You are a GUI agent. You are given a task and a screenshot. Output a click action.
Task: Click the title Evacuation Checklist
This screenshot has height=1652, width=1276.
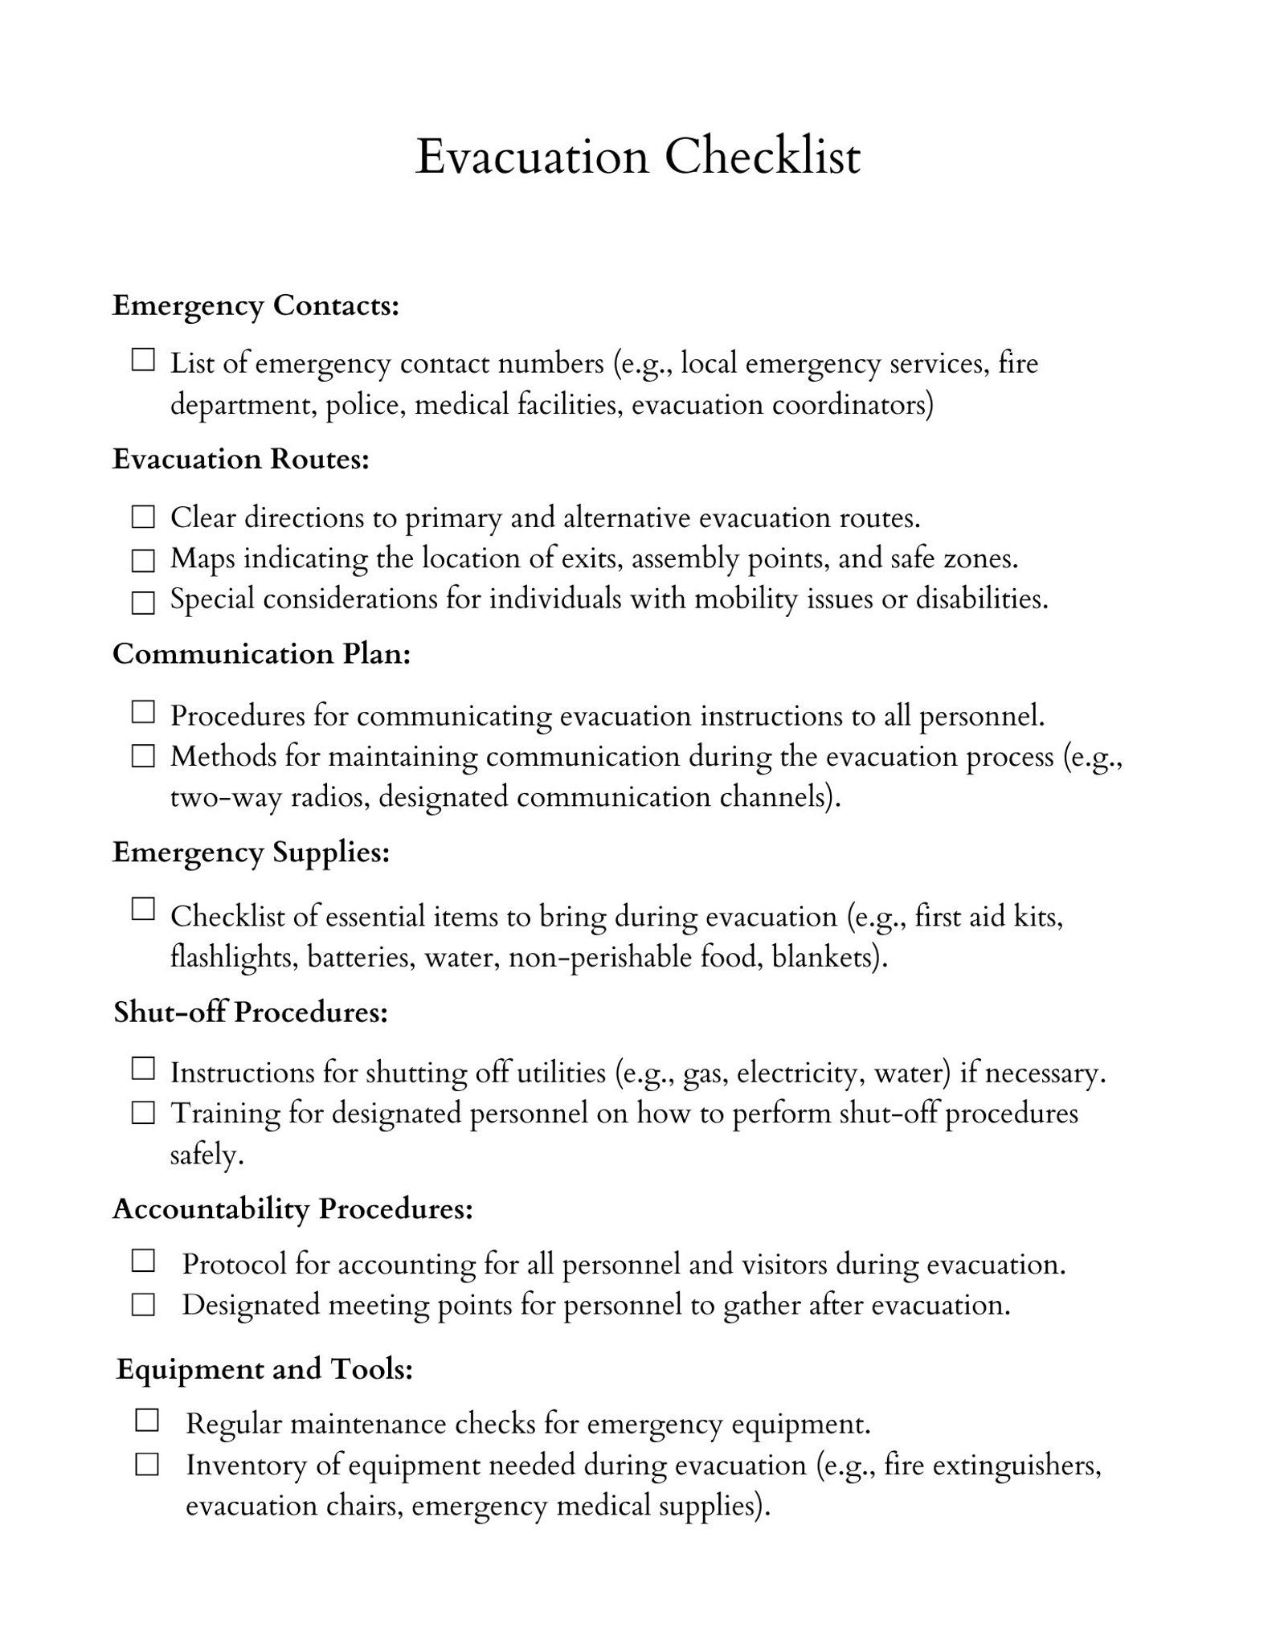pyautogui.click(x=637, y=157)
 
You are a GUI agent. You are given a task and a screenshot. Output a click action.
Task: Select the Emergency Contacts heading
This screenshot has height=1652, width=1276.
pyautogui.click(x=256, y=305)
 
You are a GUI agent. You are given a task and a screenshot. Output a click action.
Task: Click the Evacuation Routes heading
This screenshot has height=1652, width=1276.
pyautogui.click(x=240, y=459)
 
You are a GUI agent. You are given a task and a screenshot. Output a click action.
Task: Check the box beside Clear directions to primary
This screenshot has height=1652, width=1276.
pyautogui.click(x=143, y=517)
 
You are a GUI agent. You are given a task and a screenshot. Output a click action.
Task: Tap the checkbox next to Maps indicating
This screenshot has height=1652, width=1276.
pyautogui.click(x=143, y=560)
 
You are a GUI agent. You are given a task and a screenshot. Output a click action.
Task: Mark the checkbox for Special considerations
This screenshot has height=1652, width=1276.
pyautogui.click(x=143, y=603)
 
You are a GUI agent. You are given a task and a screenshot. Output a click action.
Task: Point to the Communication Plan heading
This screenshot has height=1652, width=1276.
pyautogui.click(x=261, y=654)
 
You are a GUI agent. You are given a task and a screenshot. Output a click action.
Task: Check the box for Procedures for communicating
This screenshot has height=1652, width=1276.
pyautogui.click(x=143, y=712)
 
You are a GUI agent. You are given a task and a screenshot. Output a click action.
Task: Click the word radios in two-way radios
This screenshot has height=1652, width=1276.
pyautogui.click(x=329, y=797)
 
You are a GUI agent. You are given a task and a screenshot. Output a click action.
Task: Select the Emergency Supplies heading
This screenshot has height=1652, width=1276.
pyautogui.click(x=251, y=852)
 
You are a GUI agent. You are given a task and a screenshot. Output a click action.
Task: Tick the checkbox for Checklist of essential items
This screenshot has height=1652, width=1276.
pyautogui.click(x=143, y=910)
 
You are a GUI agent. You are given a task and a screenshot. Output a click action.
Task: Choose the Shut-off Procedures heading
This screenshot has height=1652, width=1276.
pyautogui.click(x=251, y=1012)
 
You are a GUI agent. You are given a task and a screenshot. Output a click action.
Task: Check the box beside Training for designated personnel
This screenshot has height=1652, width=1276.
pyautogui.click(x=143, y=1114)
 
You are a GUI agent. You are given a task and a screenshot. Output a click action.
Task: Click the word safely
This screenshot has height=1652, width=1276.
pyautogui.click(x=207, y=1155)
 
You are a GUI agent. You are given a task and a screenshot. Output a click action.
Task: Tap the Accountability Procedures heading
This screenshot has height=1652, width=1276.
pyautogui.click(x=292, y=1208)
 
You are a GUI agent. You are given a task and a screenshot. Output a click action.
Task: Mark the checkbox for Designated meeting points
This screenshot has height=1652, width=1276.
pyautogui.click(x=143, y=1306)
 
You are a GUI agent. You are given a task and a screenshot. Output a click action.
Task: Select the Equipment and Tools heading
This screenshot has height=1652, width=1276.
pyautogui.click(x=264, y=1368)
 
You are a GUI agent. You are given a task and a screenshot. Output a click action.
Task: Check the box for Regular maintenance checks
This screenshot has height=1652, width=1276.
pyautogui.click(x=147, y=1421)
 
